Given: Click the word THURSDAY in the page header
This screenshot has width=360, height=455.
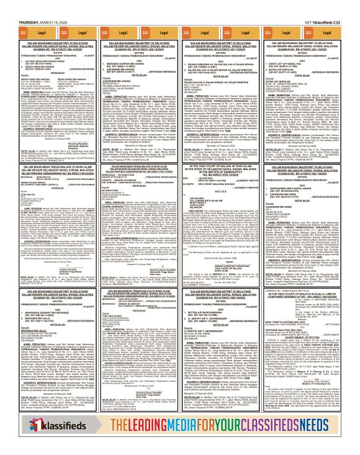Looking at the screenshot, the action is [13, 4].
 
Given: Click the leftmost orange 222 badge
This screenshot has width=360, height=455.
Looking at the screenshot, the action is [7, 12].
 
